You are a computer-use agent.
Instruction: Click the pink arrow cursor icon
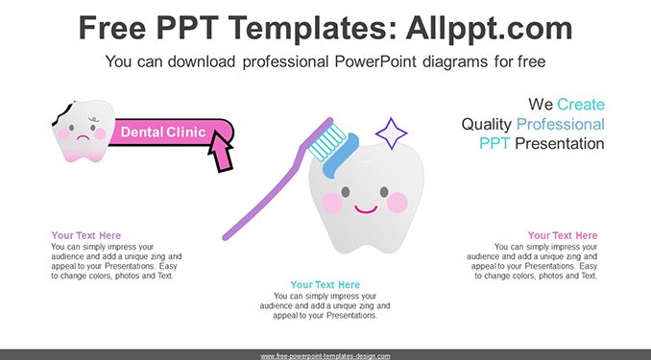[x=220, y=151]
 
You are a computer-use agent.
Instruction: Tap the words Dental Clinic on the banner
[x=163, y=132]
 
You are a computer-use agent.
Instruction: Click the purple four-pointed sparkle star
[x=391, y=133]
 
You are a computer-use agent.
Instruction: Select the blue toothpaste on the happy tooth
[x=341, y=156]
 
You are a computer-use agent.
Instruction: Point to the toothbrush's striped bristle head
[x=326, y=141]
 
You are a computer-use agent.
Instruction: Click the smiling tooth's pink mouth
[x=366, y=209]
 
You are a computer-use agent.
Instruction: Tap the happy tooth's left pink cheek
[x=332, y=203]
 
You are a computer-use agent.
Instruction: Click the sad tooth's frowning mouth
[x=84, y=138]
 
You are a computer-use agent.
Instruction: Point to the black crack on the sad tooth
[x=63, y=113]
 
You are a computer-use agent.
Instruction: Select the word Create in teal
[x=581, y=105]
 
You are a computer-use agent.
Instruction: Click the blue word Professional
[x=561, y=124]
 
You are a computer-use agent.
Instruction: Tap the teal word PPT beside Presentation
[x=494, y=144]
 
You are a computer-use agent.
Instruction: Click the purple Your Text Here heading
[x=86, y=235]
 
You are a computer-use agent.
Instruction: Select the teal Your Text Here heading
[x=325, y=285]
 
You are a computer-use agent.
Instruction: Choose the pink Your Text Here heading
[x=563, y=235]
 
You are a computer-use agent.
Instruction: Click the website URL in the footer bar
[x=325, y=356]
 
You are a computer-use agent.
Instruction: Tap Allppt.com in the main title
[x=489, y=28]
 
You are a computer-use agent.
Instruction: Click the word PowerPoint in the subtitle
[x=374, y=61]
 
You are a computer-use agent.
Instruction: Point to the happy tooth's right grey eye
[x=384, y=191]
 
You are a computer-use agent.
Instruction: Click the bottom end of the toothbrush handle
[x=226, y=237]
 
